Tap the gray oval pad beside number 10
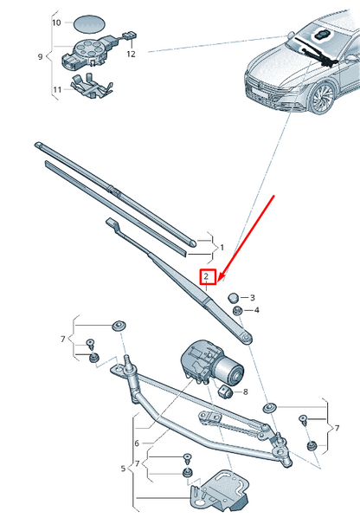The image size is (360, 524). pyautogui.click(x=86, y=21)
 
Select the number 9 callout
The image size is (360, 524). pyautogui.click(x=40, y=57)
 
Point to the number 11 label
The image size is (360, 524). pyautogui.click(x=56, y=88)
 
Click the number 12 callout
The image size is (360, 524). pyautogui.click(x=132, y=54)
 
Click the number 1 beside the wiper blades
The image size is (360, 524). pyautogui.click(x=221, y=247)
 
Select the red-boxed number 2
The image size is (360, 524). pyautogui.click(x=206, y=277)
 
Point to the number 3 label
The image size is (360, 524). pyautogui.click(x=253, y=297)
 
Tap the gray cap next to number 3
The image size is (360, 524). pyautogui.click(x=233, y=297)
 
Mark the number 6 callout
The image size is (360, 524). pyautogui.click(x=136, y=443)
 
